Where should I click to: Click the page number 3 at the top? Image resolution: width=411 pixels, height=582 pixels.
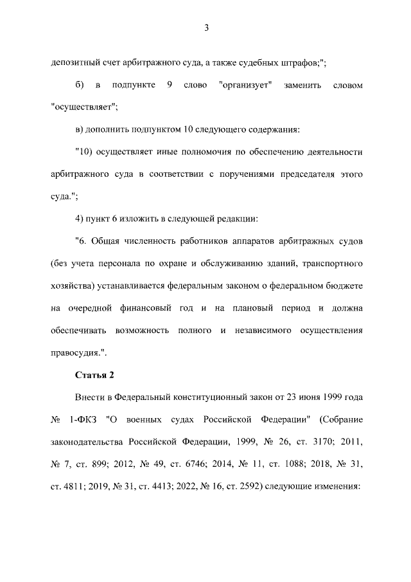pyautogui.click(x=205, y=28)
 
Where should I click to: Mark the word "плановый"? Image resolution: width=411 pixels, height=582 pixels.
pyautogui.click(x=254, y=308)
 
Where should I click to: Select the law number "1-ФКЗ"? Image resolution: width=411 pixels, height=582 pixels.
pyautogui.click(x=82, y=420)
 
